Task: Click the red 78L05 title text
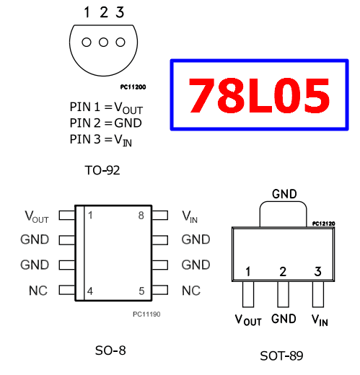click(x=259, y=95)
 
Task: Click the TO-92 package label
click(x=102, y=171)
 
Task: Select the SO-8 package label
click(x=110, y=350)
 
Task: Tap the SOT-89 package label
click(x=281, y=356)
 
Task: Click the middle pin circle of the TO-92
click(x=103, y=43)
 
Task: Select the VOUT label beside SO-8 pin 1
click(x=37, y=216)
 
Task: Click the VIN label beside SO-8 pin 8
click(x=189, y=216)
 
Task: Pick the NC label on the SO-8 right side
click(x=190, y=291)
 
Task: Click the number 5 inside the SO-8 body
click(x=141, y=291)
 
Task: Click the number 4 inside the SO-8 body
click(x=90, y=291)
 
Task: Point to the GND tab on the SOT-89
click(x=283, y=213)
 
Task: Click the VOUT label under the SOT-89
click(x=248, y=319)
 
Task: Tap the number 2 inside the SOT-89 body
click(x=283, y=272)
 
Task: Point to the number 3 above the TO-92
click(x=120, y=12)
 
